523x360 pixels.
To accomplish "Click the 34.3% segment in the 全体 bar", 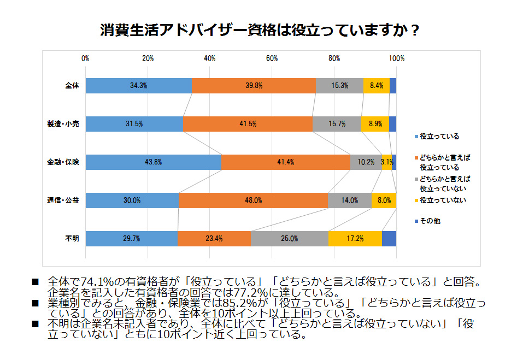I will click(138, 86).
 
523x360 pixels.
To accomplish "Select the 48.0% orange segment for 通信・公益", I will click(253, 200).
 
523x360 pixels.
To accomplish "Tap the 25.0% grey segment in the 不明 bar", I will click(290, 239).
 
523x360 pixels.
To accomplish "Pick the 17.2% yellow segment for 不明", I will click(355, 239).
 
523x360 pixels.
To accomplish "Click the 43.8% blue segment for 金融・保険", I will click(153, 162).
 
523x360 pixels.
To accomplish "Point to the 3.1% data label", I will click(387, 162).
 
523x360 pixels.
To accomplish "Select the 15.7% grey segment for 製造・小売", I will click(337, 124).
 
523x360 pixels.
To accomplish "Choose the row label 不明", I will click(72, 239).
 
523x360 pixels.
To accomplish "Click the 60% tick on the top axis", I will click(272, 58).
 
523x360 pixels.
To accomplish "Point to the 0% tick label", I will click(85, 58).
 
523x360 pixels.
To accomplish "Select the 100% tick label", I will click(396, 58).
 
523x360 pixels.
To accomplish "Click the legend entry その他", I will click(430, 221).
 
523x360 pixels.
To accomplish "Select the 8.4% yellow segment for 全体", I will click(377, 86).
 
